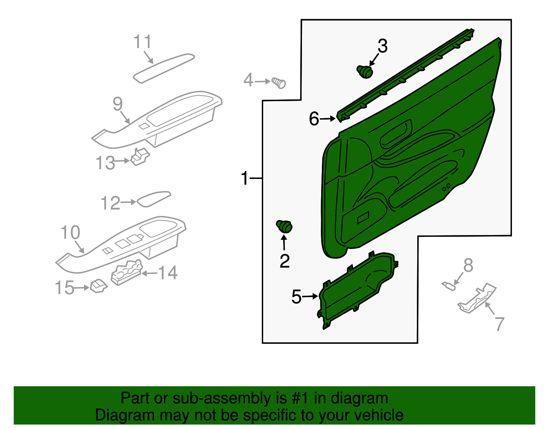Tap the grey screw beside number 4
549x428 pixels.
(x=279, y=83)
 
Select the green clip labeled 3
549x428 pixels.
(x=365, y=71)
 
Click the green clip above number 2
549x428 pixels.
(x=284, y=226)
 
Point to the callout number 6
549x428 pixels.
(x=314, y=119)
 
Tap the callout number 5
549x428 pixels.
(x=296, y=296)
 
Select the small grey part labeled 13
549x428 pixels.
(x=140, y=157)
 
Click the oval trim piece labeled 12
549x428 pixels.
(x=154, y=199)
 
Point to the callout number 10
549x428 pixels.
(x=70, y=233)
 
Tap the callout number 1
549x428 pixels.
(x=244, y=179)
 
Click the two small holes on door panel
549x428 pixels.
(x=446, y=187)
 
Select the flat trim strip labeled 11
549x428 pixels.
(x=164, y=68)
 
